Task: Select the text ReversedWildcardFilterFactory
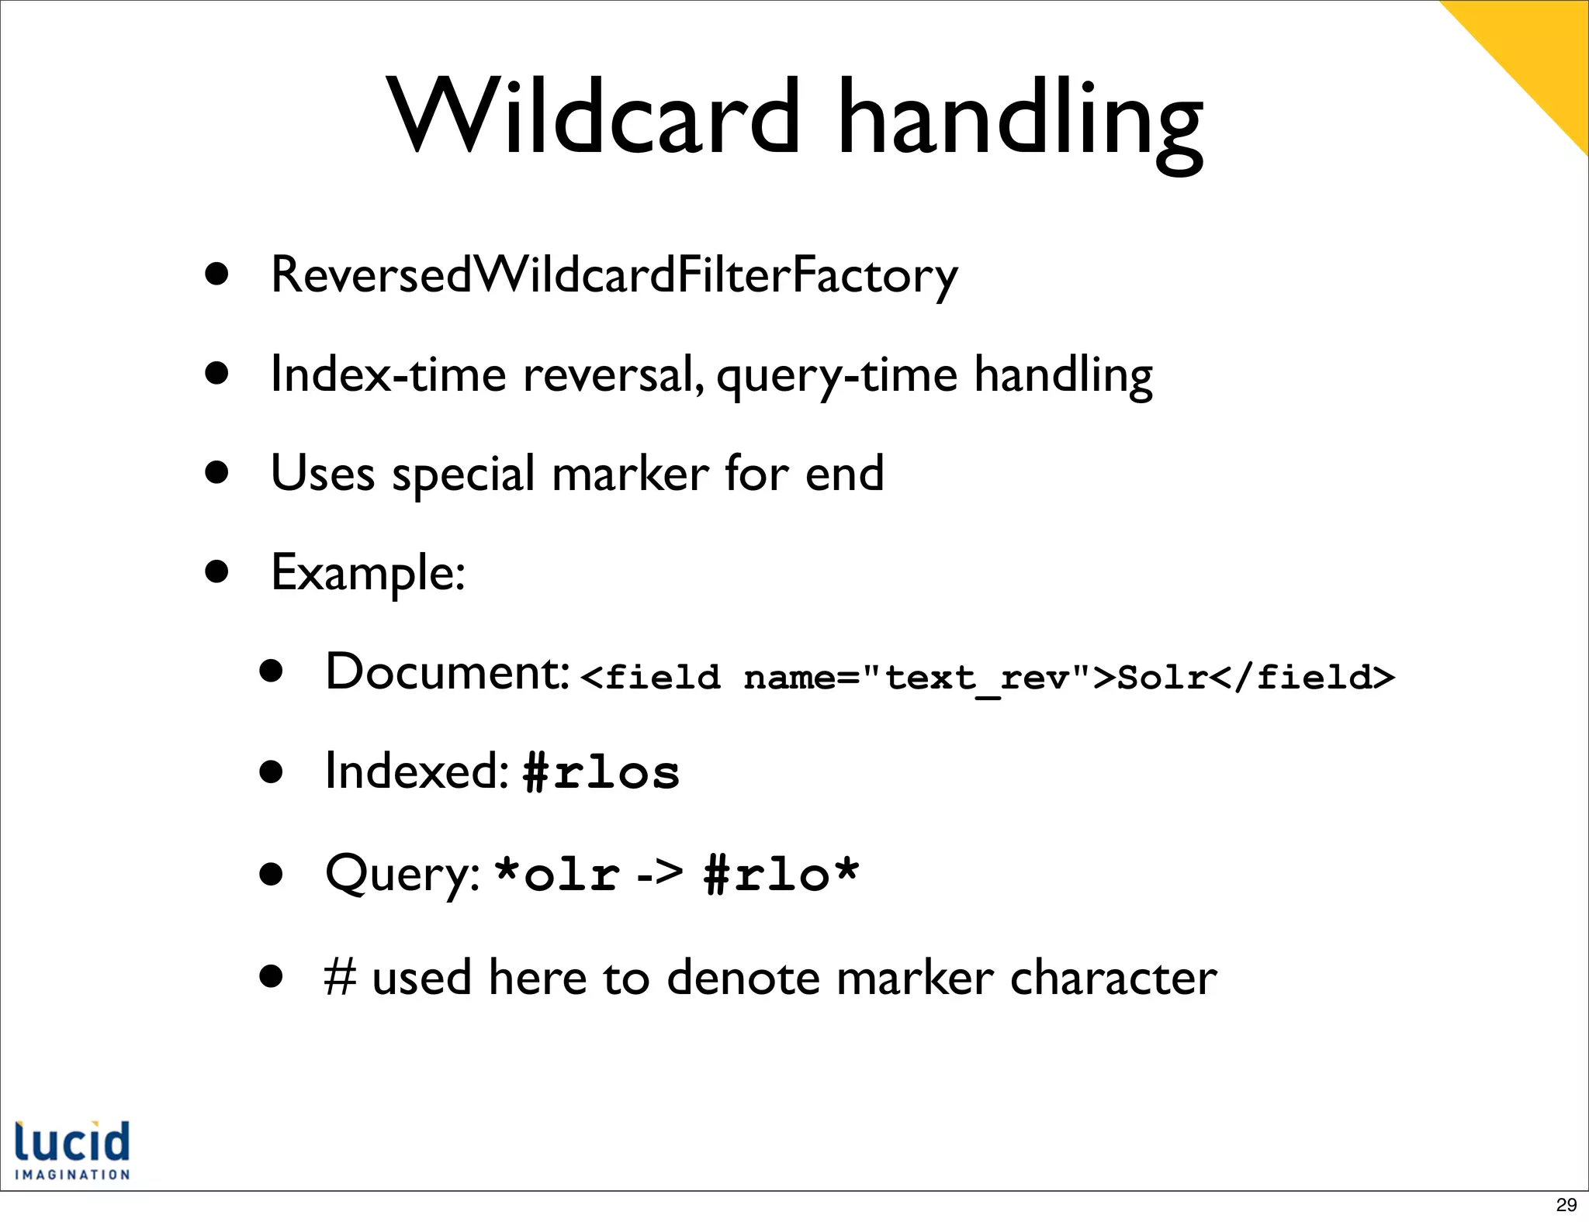(614, 275)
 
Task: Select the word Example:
(368, 573)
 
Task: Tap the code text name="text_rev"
(917, 678)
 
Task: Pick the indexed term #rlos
(601, 773)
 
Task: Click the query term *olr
(556, 874)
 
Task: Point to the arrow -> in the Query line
(659, 874)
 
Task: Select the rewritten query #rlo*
(781, 874)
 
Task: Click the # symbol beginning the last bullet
(340, 977)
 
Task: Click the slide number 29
(1566, 1204)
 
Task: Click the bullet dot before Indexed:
(272, 773)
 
